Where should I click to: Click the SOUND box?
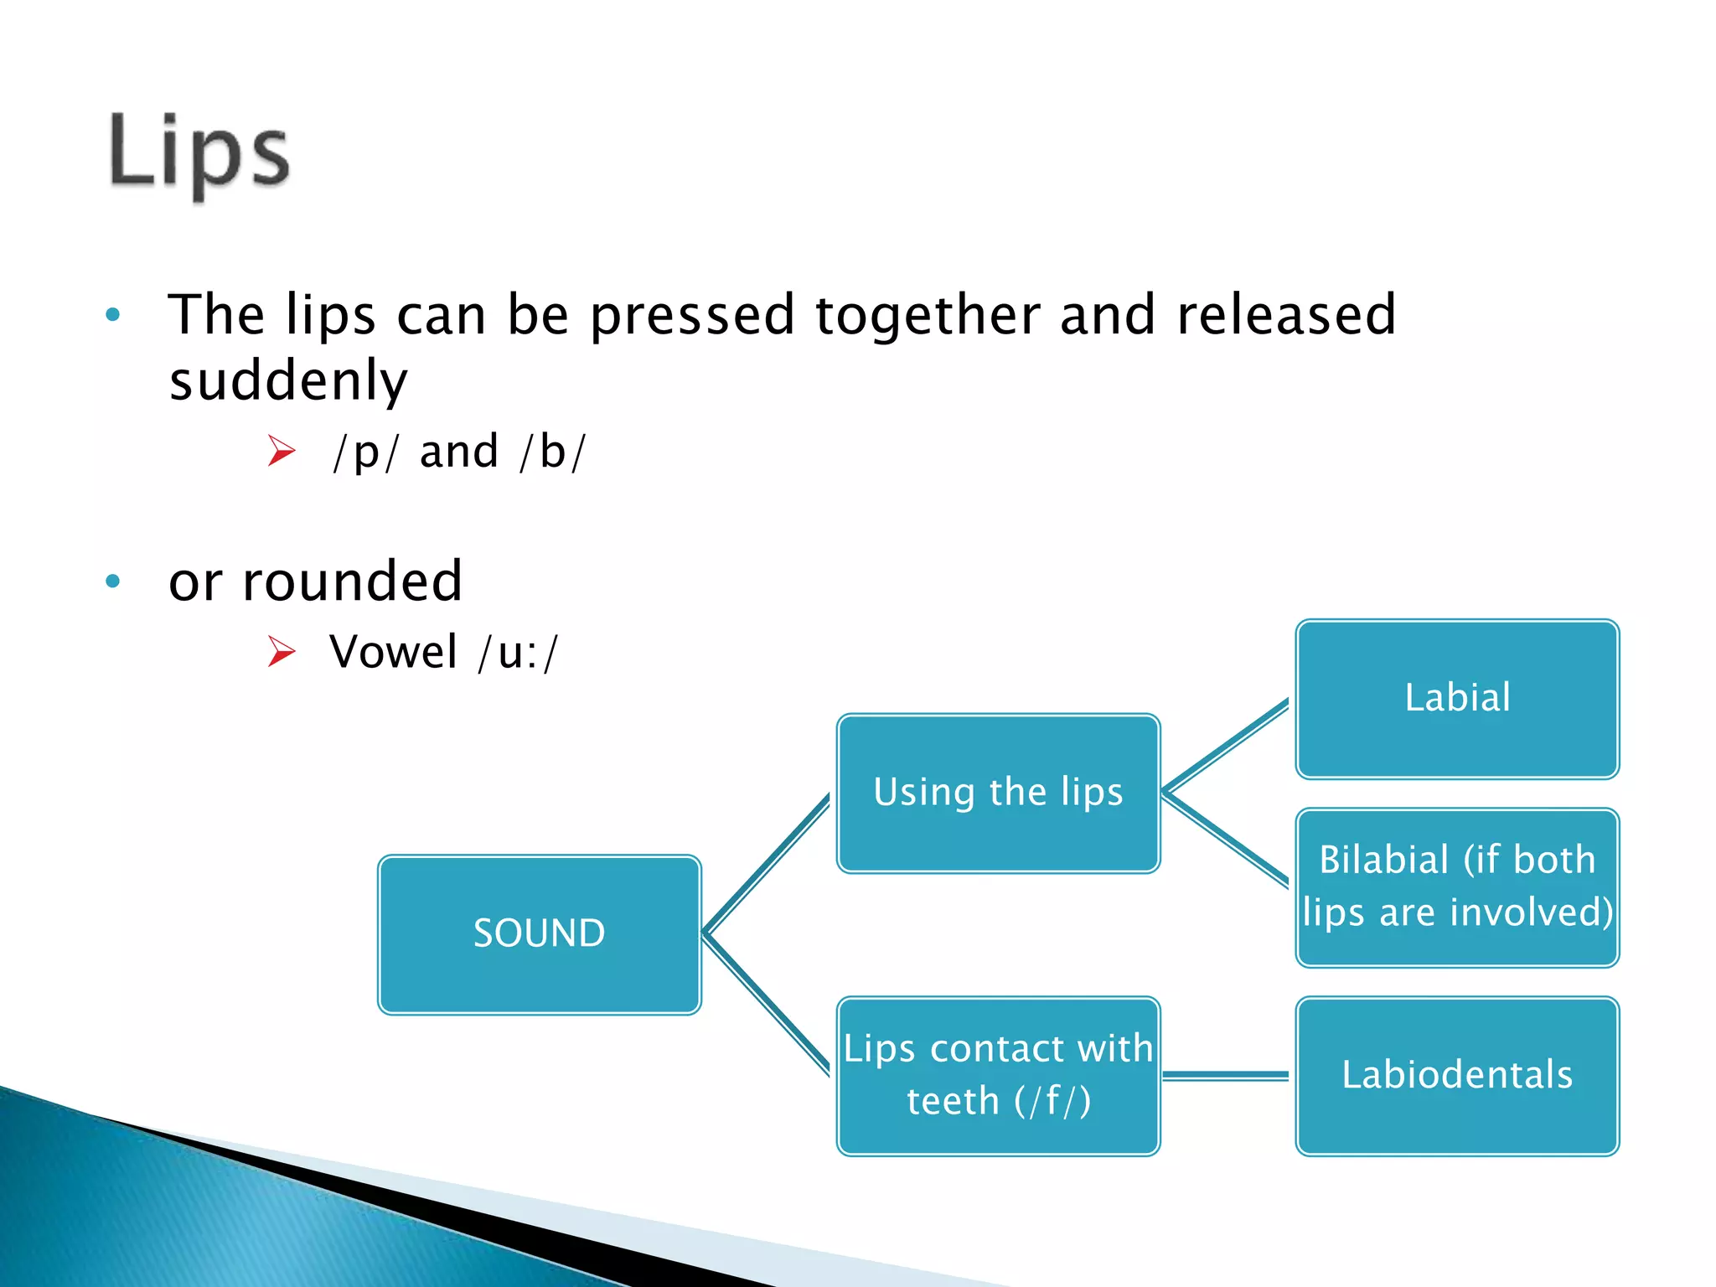click(539, 934)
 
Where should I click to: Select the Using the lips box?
click(998, 793)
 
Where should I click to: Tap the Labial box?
click(1457, 699)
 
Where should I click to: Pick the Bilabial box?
click(1457, 886)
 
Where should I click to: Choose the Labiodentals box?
click(1457, 1075)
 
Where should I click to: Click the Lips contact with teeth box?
click(998, 1075)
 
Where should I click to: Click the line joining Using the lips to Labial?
click(1225, 746)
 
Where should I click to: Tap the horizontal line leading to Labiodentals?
click(1225, 1075)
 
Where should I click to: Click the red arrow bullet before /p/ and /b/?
click(282, 452)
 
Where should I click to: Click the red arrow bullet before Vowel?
click(282, 652)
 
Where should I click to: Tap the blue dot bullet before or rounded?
click(113, 581)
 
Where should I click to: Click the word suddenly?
click(288, 381)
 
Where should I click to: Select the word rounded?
click(352, 581)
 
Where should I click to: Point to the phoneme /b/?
click(552, 452)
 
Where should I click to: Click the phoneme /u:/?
click(517, 653)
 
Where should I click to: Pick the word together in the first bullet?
click(927, 316)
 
